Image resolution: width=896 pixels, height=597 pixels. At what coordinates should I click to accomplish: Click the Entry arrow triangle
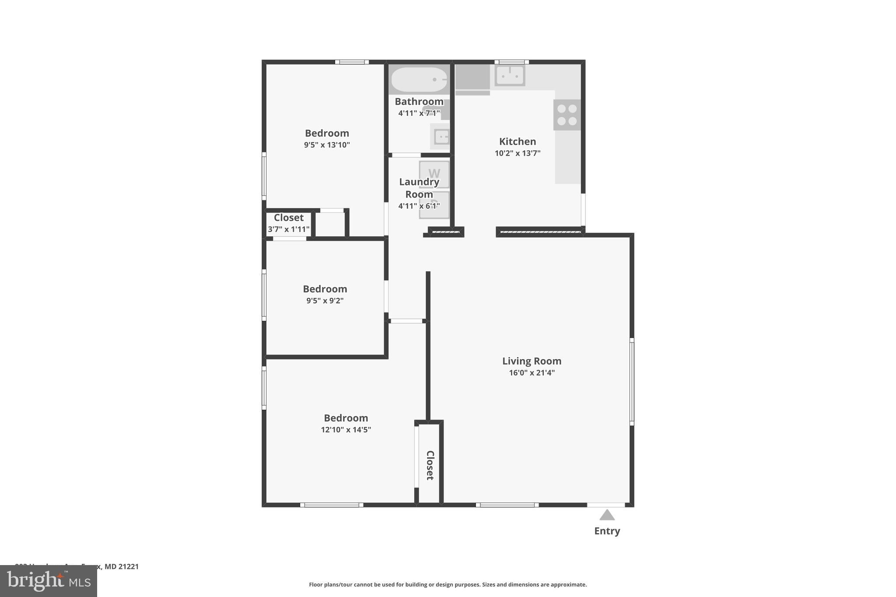pos(607,515)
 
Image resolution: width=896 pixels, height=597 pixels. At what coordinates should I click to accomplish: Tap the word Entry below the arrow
pos(607,531)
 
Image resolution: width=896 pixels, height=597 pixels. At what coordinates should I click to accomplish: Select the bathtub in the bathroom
pos(419,79)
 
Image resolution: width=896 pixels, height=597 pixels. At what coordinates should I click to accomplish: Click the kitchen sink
pos(510,76)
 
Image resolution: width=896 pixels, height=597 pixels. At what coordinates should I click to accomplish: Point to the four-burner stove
pos(567,115)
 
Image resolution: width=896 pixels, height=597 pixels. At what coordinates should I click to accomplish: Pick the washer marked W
pos(434,174)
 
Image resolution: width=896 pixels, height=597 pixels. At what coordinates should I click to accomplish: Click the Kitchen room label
pos(518,141)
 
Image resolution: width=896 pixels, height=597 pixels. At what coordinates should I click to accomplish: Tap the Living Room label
pos(532,361)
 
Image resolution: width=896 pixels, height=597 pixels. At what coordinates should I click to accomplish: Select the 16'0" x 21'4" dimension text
pos(532,373)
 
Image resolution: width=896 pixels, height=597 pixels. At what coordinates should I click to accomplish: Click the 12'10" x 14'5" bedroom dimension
pos(346,429)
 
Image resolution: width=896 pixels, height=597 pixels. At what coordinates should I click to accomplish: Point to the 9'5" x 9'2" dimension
pos(325,300)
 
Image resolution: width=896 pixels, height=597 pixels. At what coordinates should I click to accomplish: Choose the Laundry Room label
pos(419,188)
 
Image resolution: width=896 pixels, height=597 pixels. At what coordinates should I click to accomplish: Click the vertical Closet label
pos(430,465)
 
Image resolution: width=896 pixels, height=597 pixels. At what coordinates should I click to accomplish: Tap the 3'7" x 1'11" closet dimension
pos(288,229)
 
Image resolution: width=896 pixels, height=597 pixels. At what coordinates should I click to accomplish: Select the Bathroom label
pos(419,101)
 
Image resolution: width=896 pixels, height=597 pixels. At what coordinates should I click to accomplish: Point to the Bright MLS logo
pos(49,581)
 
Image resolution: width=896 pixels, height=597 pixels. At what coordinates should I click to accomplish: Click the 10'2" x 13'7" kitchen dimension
pos(518,153)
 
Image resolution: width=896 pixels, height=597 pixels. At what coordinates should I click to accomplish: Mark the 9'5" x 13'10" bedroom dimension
pos(327,145)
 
